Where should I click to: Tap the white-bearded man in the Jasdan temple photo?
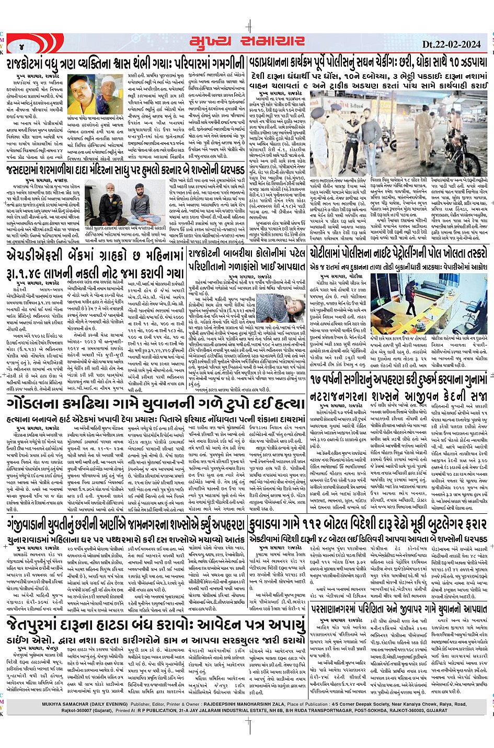pos(106,201)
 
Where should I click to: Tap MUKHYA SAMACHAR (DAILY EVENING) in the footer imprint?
pos(86,704)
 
